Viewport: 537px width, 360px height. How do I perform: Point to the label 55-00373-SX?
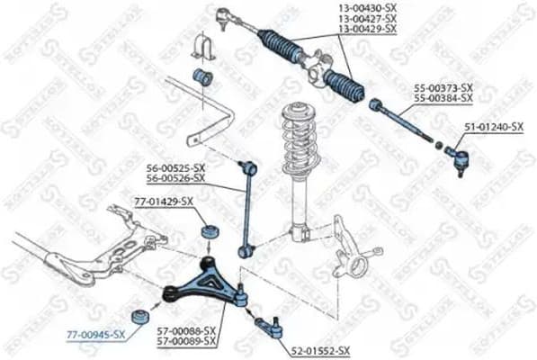(443, 87)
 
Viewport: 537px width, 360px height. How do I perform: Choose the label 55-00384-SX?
(443, 97)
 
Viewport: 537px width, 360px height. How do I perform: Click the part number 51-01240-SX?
(493, 128)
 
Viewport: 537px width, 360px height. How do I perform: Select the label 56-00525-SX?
(175, 167)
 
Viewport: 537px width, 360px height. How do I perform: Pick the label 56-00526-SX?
(175, 178)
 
